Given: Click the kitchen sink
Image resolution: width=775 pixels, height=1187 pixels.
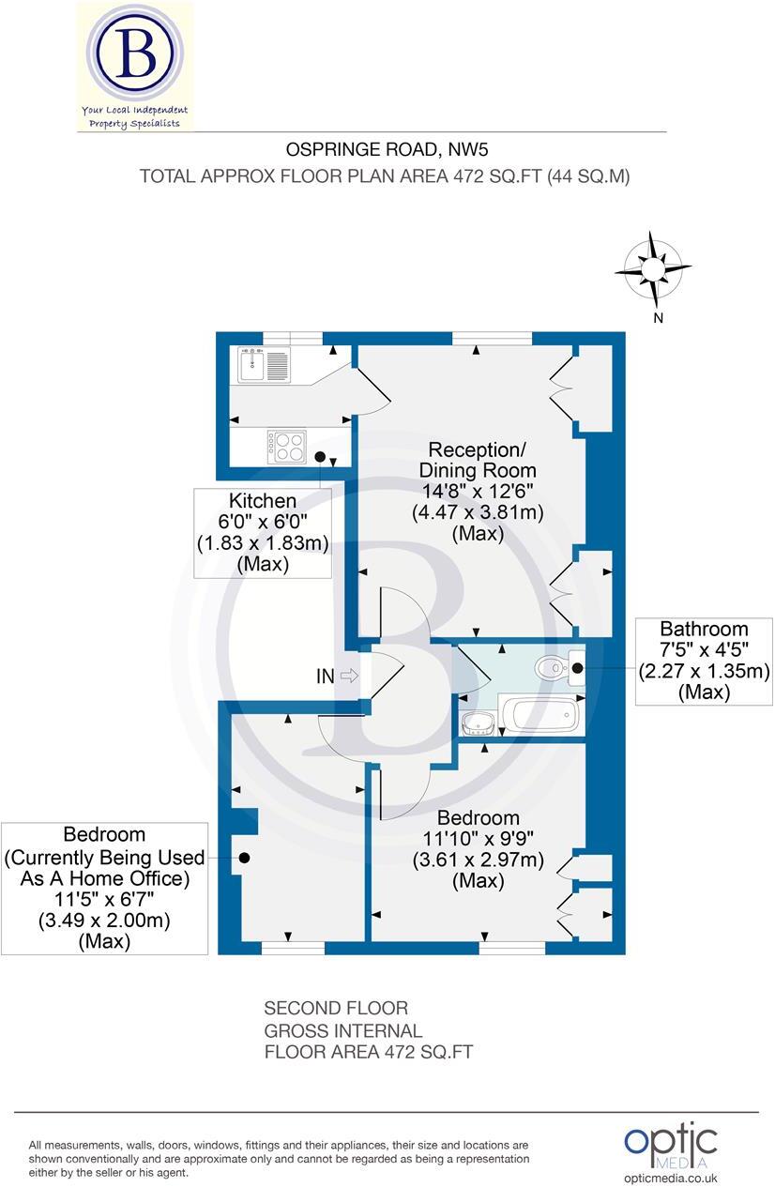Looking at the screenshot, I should coord(266,365).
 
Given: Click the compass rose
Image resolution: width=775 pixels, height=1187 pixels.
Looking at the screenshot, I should coord(653,270).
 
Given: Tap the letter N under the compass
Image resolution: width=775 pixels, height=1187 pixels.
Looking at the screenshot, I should coord(659,318).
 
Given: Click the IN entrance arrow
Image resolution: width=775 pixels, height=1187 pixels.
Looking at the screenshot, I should coord(348,676).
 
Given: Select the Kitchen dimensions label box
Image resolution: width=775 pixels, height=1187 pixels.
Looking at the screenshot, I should coord(262,533).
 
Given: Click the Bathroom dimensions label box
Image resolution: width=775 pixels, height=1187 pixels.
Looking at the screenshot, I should coord(704,661).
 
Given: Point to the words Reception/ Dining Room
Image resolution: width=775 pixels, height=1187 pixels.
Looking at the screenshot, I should coord(478,458).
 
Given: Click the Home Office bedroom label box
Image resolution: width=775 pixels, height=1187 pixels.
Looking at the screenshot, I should coord(104,888).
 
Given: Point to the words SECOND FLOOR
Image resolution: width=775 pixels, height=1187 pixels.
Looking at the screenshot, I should coord(336,1009).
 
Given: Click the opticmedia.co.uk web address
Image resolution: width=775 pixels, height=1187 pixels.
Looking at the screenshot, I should coord(670,1179).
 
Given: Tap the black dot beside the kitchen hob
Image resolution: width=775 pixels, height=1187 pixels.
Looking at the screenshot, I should coord(320,457).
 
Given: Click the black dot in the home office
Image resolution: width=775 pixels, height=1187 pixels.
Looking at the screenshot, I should coord(244,858).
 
